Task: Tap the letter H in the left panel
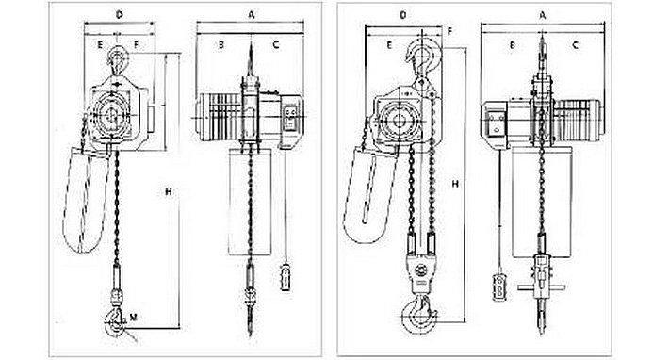coord(168,193)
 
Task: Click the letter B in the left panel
coord(219,44)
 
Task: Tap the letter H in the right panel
coord(455,186)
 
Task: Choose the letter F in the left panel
coord(138,44)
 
